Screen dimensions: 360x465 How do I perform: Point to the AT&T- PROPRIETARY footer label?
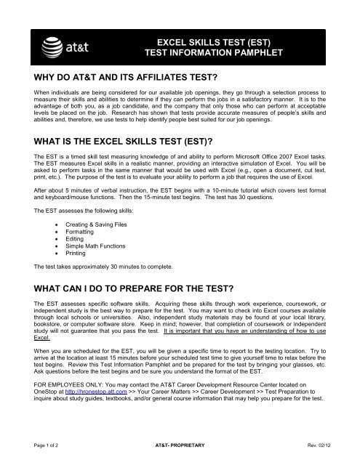tap(180, 452)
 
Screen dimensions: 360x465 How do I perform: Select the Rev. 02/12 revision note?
tap(324, 452)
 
